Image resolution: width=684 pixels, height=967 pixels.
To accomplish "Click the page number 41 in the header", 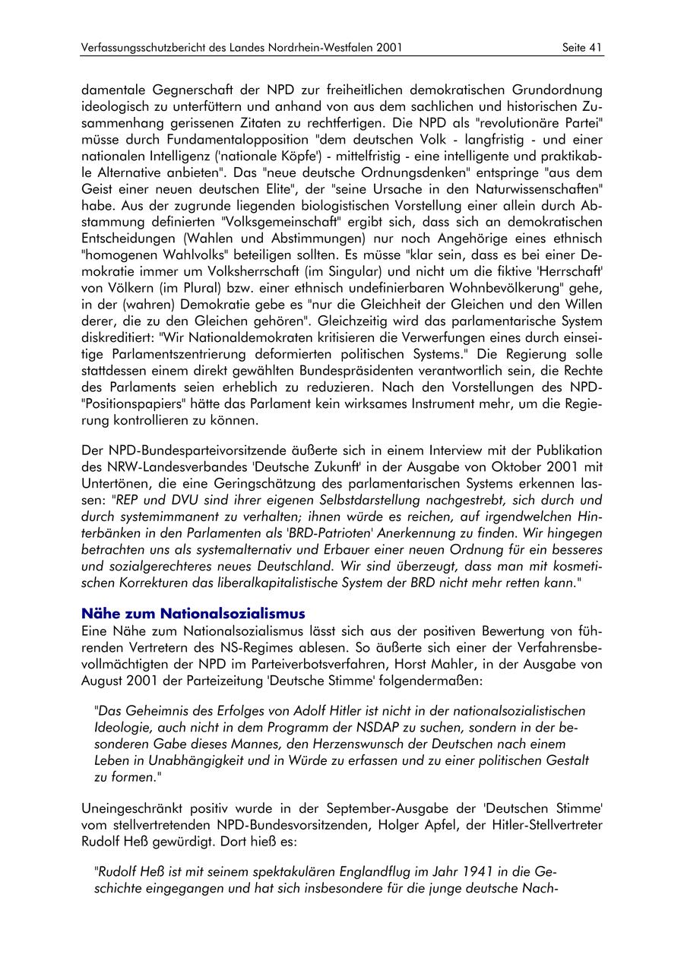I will [595, 48].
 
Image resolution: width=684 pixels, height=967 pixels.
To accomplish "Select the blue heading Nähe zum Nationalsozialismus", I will [193, 613].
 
